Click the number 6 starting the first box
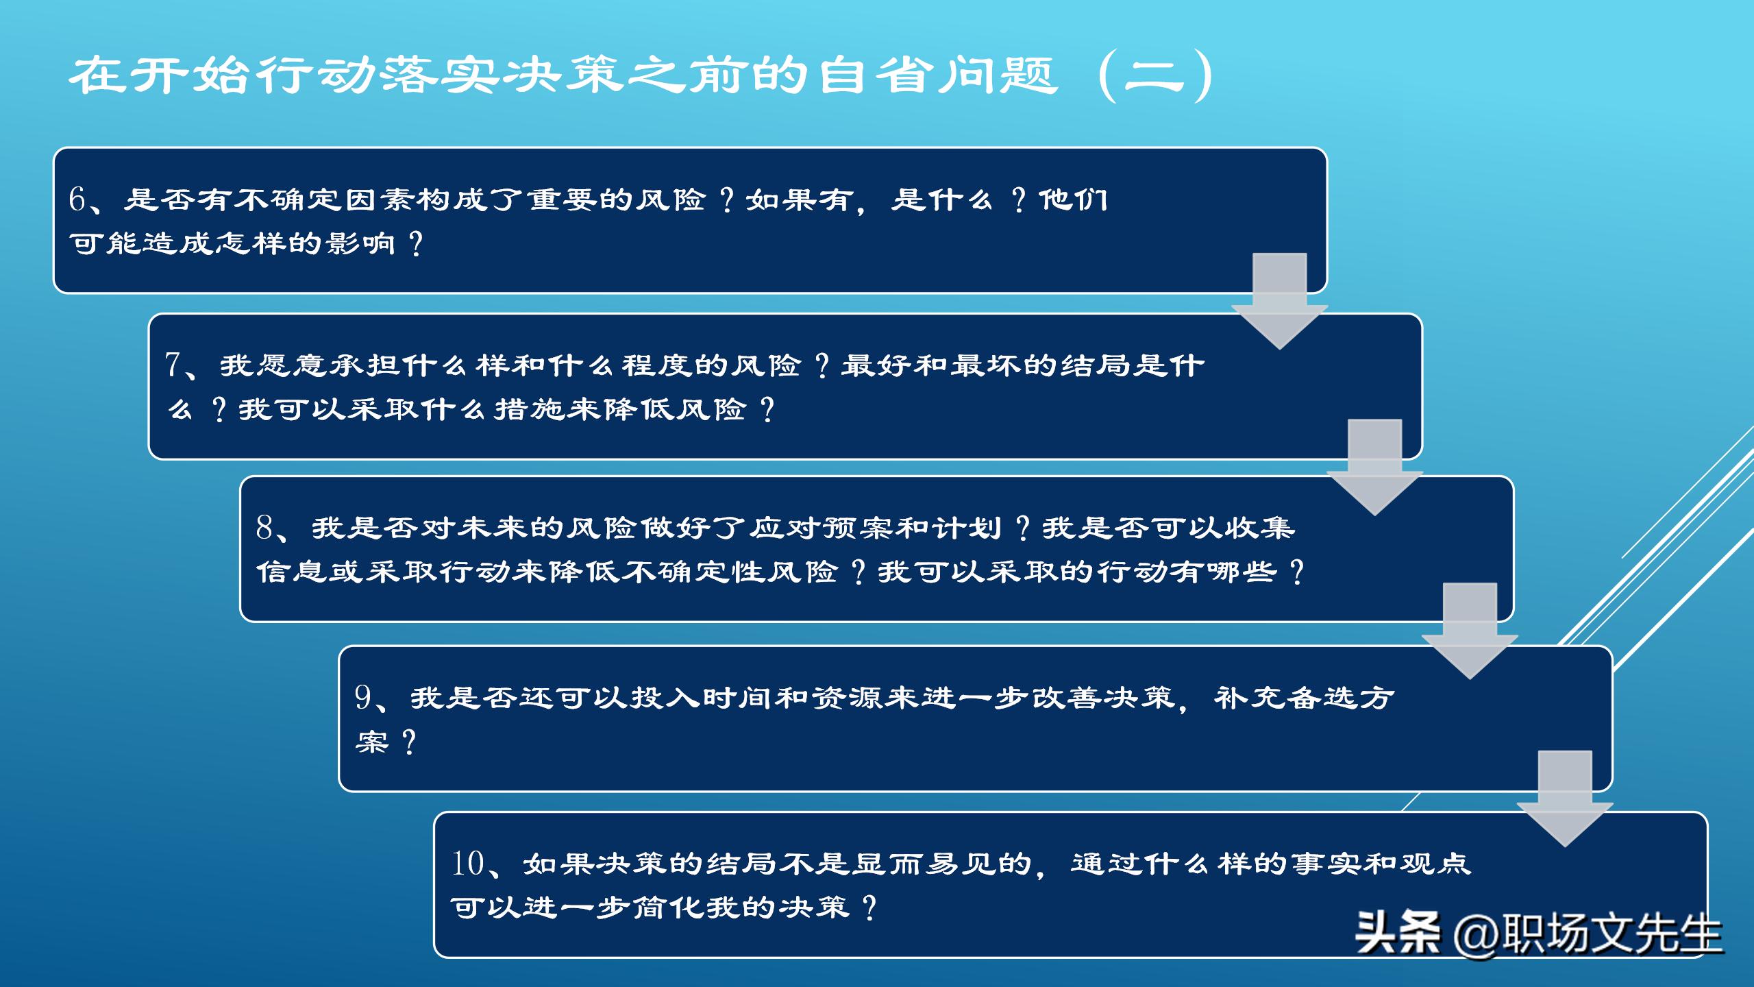[77, 199]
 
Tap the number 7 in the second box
[173, 365]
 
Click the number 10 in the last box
[468, 864]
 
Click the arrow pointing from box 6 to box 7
[1279, 302]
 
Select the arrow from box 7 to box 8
[1374, 467]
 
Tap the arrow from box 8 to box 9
[1470, 631]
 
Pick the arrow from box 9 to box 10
[1565, 799]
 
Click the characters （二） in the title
[1155, 75]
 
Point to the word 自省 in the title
[878, 75]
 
